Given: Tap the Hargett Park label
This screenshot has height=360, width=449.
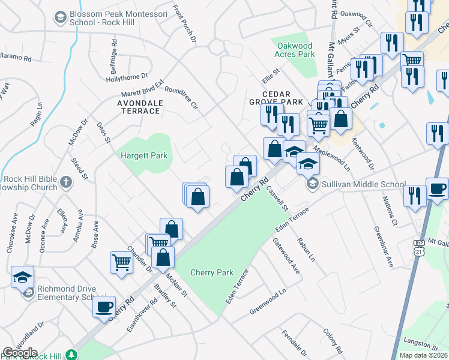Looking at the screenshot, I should pyautogui.click(x=143, y=156).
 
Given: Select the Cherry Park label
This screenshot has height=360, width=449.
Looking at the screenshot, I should pyautogui.click(x=211, y=272).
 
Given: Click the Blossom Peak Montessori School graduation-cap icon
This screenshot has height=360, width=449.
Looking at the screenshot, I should pyautogui.click(x=59, y=17).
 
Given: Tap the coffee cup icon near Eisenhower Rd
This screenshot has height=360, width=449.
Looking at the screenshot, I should pyautogui.click(x=104, y=307).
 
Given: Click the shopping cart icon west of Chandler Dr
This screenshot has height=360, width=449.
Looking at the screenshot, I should pyautogui.click(x=121, y=262).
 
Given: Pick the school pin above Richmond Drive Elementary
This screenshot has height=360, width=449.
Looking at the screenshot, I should pyautogui.click(x=22, y=277).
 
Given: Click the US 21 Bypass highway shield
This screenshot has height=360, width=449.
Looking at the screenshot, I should pyautogui.click(x=418, y=247).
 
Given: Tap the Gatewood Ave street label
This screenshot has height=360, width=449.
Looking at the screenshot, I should pyautogui.click(x=286, y=255).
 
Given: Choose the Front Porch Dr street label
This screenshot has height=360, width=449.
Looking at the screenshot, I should pyautogui.click(x=184, y=24).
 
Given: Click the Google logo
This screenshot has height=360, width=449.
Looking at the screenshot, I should pyautogui.click(x=20, y=353).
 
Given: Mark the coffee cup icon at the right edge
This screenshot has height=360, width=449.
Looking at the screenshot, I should pyautogui.click(x=437, y=188).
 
